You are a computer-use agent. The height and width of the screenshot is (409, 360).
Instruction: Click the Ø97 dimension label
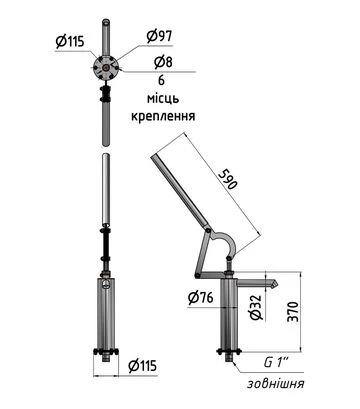[159, 36]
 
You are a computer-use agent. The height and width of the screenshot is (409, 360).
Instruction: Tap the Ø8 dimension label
[163, 62]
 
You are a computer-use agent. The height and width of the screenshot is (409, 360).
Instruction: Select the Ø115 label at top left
[70, 42]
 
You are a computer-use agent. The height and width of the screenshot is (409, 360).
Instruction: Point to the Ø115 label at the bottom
[142, 366]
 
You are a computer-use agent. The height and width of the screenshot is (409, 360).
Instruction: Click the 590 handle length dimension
[228, 180]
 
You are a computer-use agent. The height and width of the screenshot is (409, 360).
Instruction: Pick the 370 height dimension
[293, 312]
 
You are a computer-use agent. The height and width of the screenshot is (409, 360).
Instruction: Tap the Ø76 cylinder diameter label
[200, 297]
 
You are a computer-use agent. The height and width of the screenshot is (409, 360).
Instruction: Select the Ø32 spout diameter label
[256, 308]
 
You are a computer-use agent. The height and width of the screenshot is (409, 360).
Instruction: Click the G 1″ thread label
[276, 362]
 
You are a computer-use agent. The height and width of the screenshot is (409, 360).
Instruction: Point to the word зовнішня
[275, 383]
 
